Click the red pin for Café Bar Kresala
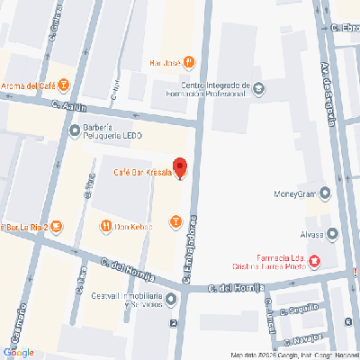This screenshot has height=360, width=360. point(179,167)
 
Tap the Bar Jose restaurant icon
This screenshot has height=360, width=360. point(189,62)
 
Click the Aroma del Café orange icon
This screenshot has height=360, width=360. point(65,86)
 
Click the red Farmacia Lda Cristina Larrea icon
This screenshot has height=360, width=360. point(314,261)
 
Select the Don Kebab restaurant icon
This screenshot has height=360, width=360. point(105,226)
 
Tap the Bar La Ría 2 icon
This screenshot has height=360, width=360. point(56,226)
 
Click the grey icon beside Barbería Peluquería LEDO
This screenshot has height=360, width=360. point(74,130)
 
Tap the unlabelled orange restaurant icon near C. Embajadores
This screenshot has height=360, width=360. point(175,220)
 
